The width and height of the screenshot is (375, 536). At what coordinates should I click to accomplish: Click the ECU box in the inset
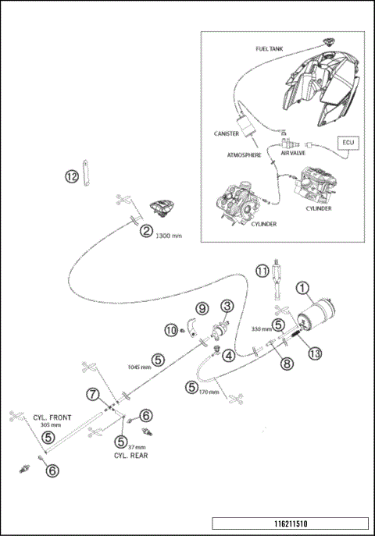click(x=348, y=143)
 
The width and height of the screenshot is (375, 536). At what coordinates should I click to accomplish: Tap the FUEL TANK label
click(x=270, y=49)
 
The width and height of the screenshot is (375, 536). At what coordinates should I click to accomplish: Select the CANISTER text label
click(x=226, y=133)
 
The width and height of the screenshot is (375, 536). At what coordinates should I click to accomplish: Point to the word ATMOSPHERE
click(x=244, y=155)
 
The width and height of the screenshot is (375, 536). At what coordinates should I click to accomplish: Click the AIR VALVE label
click(x=293, y=153)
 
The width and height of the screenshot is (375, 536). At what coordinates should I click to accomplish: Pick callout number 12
click(x=72, y=176)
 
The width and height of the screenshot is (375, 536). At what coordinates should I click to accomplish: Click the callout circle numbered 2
click(x=146, y=232)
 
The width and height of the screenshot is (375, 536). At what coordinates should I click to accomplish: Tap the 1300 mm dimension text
click(x=169, y=236)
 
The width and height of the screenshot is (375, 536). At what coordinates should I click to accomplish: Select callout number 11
click(x=262, y=272)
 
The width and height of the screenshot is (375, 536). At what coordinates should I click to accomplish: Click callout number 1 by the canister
click(x=302, y=288)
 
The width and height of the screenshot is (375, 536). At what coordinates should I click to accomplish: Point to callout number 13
click(x=315, y=353)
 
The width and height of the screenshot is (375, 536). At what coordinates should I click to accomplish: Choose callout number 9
click(x=202, y=309)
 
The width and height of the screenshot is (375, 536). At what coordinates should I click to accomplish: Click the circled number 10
click(x=171, y=330)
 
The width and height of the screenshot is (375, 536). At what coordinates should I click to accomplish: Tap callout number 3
click(x=227, y=306)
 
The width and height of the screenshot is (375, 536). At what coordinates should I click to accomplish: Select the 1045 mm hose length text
click(x=139, y=367)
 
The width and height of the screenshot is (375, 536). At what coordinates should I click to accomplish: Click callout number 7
click(x=92, y=395)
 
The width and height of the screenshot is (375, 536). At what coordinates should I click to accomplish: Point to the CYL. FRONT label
click(x=52, y=417)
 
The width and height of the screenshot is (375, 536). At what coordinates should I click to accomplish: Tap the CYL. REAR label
click(x=130, y=456)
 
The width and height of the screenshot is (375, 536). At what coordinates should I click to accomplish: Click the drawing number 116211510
click(x=291, y=524)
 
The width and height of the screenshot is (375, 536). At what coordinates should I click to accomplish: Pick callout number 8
click(x=287, y=364)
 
